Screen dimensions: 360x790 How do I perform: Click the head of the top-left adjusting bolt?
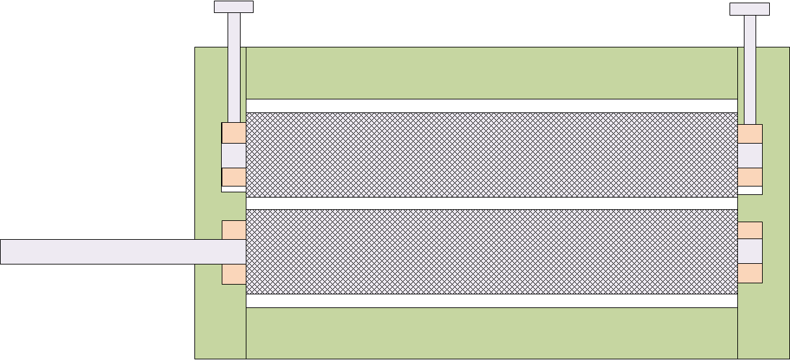[233, 6]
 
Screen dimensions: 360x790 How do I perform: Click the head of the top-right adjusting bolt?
[749, 8]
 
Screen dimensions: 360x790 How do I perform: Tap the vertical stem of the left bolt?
[234, 65]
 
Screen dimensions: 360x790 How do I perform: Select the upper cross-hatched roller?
[492, 155]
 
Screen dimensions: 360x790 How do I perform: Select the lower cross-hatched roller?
[492, 251]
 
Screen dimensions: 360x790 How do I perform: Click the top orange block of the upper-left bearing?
[233, 133]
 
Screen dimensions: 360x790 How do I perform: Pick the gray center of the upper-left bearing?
[233, 156]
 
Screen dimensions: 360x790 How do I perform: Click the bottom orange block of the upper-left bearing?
[233, 177]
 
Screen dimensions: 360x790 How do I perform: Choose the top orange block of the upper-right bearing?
[750, 134]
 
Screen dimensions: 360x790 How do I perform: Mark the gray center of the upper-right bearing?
[750, 156]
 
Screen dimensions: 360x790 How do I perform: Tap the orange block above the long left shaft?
[233, 230]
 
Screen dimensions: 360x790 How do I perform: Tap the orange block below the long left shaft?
[233, 274]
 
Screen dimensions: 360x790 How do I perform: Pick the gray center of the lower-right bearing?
[750, 251]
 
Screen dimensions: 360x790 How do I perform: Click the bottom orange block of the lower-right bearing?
[750, 273]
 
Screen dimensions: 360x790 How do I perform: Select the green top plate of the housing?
[492, 73]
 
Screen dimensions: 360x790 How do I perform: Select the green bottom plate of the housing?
[492, 333]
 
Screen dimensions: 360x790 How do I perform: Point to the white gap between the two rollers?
[492, 203]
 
